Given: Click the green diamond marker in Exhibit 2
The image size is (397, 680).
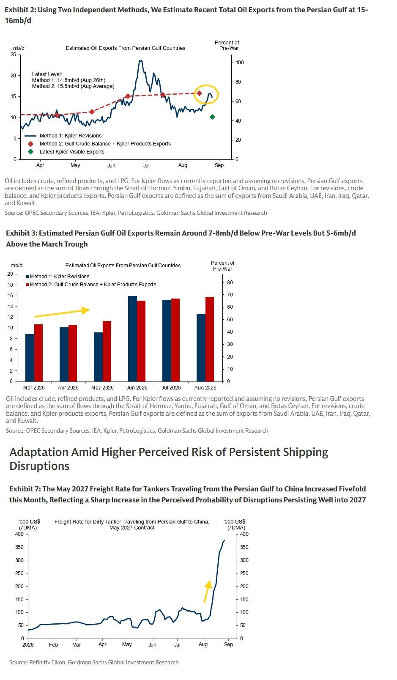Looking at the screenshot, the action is pos(213,117).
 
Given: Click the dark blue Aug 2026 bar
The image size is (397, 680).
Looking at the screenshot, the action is pos(201,348).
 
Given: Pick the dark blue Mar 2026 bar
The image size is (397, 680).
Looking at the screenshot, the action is pos(30,358).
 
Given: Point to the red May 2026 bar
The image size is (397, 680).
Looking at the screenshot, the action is pos(107,351).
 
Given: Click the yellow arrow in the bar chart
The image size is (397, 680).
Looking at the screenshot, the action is pos(62,313).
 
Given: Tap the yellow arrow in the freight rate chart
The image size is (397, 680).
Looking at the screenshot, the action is pos(208,591).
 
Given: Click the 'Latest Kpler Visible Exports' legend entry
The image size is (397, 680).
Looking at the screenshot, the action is pos(72,152).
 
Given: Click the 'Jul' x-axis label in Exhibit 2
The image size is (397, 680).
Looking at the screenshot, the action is pos(147,165).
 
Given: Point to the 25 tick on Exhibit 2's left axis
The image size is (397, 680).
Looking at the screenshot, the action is pos(13,55).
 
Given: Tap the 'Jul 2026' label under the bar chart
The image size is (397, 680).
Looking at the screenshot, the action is pos(171,388).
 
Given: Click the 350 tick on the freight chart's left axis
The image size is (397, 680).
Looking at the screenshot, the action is pos(19,547).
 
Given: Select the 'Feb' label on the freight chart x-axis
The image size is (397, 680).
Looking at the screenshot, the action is pos(53,644).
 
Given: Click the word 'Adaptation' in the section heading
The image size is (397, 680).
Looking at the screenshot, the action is pos(38,452).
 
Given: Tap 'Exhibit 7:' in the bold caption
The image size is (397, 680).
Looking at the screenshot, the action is pos(25,489).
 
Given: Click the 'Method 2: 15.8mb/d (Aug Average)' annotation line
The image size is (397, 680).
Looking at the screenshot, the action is pos(73,86).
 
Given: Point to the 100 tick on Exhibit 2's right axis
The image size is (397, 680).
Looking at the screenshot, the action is pos(240,63).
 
